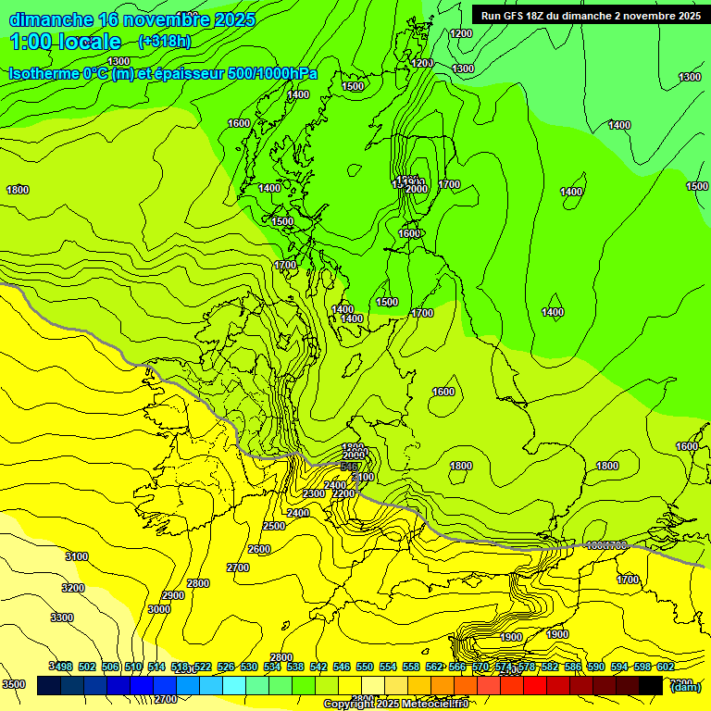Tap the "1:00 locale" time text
click(x=66, y=42)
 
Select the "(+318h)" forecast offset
click(x=164, y=42)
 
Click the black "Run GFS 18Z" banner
click(x=590, y=15)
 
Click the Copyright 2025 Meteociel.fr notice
click(x=395, y=705)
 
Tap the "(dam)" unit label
click(x=685, y=686)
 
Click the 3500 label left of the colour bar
click(x=14, y=684)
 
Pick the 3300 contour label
click(x=62, y=617)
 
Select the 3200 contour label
click(x=73, y=588)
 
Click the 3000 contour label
click(x=159, y=609)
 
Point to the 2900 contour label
click(x=173, y=595)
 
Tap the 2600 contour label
click(x=259, y=549)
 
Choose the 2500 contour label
click(x=274, y=526)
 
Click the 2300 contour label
click(x=314, y=493)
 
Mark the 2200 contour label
click(x=343, y=493)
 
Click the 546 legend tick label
click(x=341, y=667)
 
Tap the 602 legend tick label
click(x=665, y=667)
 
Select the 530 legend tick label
click(x=248, y=667)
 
